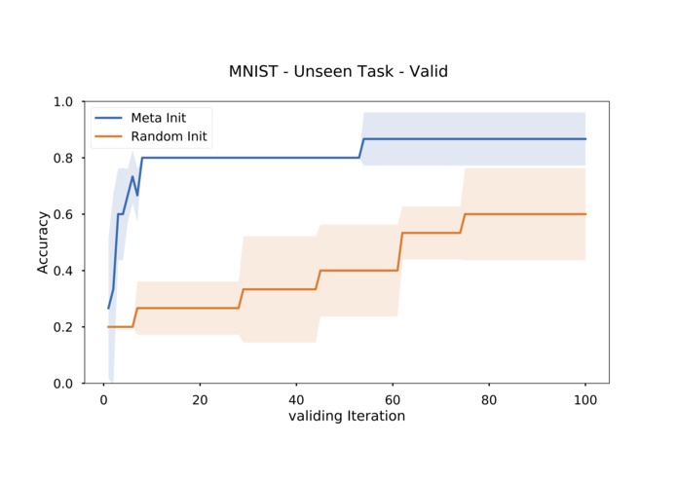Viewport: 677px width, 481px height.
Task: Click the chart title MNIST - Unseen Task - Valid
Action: pyautogui.click(x=338, y=71)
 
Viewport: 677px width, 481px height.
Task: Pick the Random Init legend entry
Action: pyautogui.click(x=169, y=137)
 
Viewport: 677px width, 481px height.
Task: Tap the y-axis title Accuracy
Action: pyautogui.click(x=44, y=242)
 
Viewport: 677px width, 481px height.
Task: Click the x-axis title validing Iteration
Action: pyautogui.click(x=346, y=416)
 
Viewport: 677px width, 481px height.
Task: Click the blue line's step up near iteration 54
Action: pyautogui.click(x=361, y=148)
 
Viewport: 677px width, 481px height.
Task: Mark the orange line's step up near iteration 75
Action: pyautogui.click(x=463, y=223)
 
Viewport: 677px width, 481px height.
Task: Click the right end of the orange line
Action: pyautogui.click(x=584, y=214)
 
